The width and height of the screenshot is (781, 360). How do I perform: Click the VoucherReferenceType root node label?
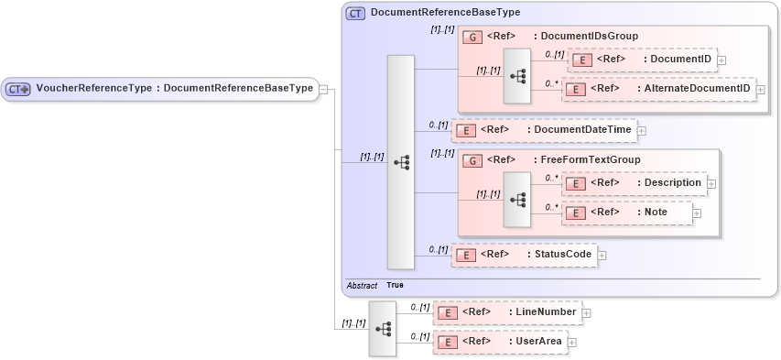click(160, 89)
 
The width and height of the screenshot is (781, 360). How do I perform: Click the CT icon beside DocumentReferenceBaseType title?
click(355, 13)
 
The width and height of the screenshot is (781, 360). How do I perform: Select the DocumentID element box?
click(643, 60)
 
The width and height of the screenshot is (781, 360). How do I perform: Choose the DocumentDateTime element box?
click(544, 130)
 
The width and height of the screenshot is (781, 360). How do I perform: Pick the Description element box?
click(634, 183)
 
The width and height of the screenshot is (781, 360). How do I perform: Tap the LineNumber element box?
click(506, 312)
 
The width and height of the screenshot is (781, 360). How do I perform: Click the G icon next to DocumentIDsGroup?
click(472, 37)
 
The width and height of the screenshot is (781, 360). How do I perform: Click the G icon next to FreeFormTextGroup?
click(472, 160)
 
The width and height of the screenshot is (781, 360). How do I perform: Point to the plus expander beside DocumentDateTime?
click(642, 130)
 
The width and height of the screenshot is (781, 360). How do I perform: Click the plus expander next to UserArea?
click(572, 343)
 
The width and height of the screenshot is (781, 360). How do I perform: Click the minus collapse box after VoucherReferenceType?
click(322, 89)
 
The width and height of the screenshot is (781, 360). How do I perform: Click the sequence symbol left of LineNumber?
click(383, 328)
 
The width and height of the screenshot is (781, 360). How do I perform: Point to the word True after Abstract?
click(395, 286)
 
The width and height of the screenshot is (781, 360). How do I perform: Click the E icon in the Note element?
click(575, 213)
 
